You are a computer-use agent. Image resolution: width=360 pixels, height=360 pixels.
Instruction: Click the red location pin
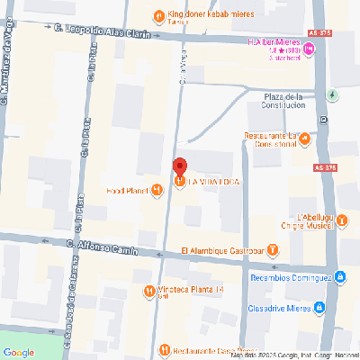pyautogui.click(x=179, y=166)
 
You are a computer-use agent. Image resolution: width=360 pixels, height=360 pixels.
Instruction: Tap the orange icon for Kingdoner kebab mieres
pyautogui.click(x=158, y=14)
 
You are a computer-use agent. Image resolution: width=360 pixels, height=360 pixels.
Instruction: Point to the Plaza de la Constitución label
pyautogui.click(x=291, y=101)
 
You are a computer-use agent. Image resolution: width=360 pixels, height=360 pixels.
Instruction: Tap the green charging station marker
pyautogui.click(x=333, y=94)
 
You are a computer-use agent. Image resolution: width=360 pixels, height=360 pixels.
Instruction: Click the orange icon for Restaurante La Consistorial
pyautogui.click(x=304, y=139)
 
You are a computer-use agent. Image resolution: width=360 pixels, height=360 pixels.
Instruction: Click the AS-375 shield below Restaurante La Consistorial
pyautogui.click(x=327, y=168)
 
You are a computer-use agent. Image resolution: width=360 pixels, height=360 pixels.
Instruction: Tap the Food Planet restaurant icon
pyautogui.click(x=157, y=189)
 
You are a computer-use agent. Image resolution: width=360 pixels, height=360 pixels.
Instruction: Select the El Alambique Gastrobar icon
pyautogui.click(x=273, y=250)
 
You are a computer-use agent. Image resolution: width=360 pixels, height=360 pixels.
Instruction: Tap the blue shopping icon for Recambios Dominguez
pyautogui.click(x=339, y=277)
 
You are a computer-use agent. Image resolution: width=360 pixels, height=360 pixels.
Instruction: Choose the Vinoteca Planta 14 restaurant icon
pyautogui.click(x=148, y=291)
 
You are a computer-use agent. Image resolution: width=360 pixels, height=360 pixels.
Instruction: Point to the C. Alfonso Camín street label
pyautogui.click(x=100, y=246)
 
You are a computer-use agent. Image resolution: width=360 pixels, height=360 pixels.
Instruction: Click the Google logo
pyautogui.click(x=18, y=351)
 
